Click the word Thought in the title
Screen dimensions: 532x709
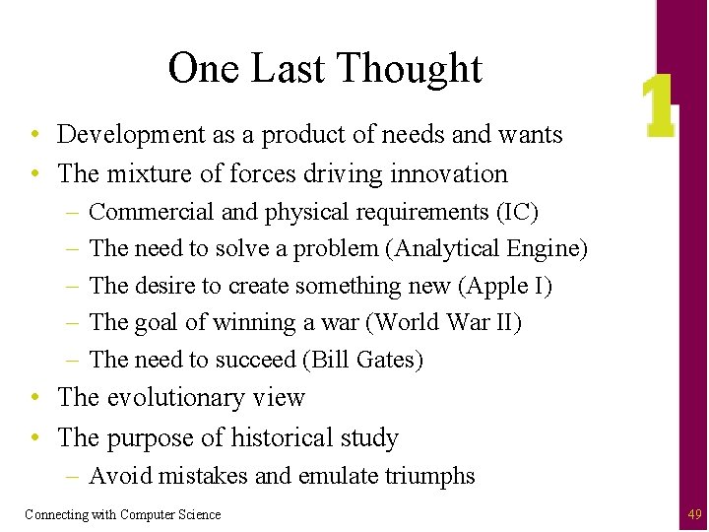(x=410, y=69)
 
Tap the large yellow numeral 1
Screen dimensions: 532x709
(x=657, y=107)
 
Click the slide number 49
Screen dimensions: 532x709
(x=695, y=513)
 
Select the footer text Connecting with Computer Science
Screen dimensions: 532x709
(x=123, y=514)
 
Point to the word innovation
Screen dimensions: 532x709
(x=450, y=174)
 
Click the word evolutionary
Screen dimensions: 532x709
(x=174, y=398)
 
